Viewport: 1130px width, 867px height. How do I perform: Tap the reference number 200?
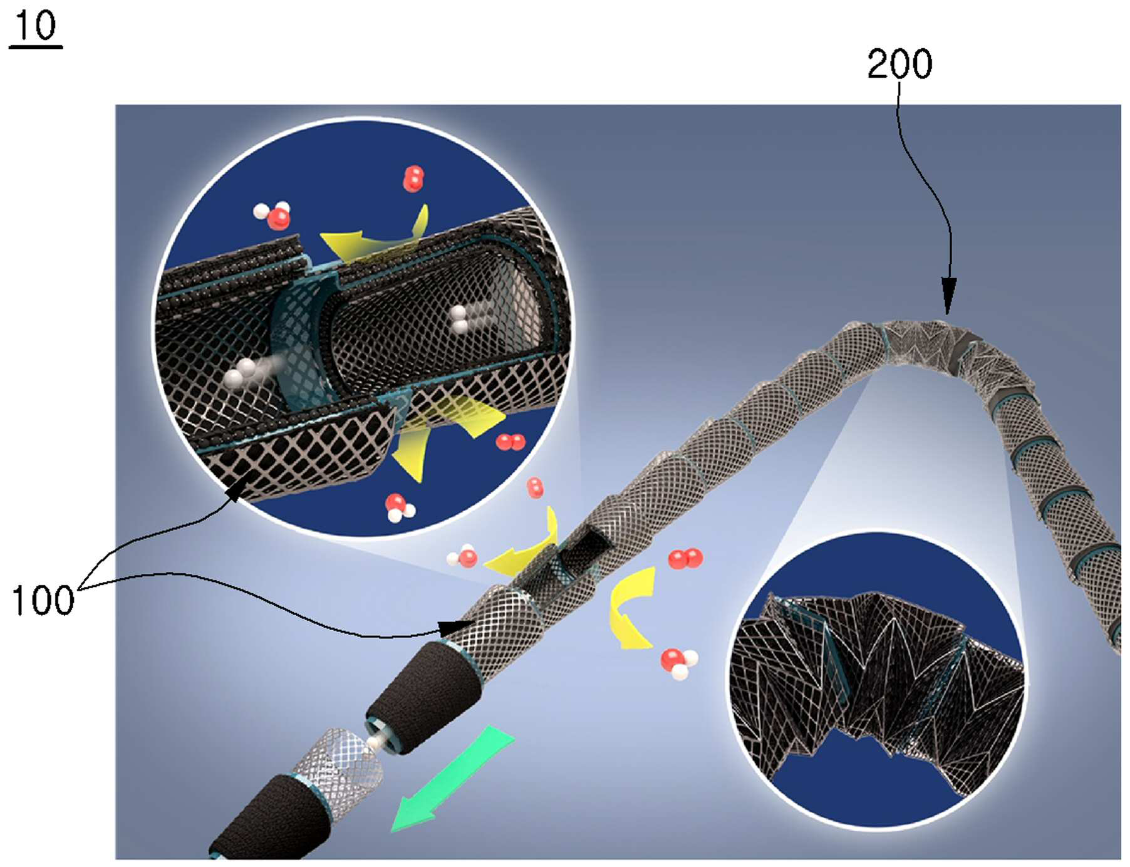(x=899, y=64)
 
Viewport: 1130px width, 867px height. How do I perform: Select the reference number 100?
(x=43, y=600)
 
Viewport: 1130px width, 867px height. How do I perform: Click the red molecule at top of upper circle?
(x=413, y=179)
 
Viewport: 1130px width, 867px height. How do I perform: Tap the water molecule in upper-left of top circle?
(x=273, y=215)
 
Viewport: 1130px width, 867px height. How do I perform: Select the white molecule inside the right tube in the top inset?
(x=460, y=319)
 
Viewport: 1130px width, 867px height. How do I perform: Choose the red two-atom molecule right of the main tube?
(x=685, y=558)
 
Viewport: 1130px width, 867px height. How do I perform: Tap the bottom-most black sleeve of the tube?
(x=269, y=818)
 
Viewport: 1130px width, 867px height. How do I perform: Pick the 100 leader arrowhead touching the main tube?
(x=456, y=627)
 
